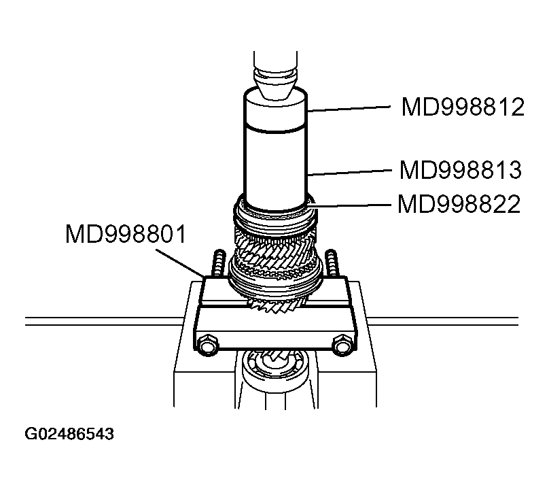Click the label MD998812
click(462, 107)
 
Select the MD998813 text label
click(461, 170)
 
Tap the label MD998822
click(459, 204)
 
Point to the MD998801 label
click(125, 235)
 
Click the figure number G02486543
click(69, 433)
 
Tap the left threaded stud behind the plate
click(219, 263)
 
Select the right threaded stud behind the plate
click(331, 263)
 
